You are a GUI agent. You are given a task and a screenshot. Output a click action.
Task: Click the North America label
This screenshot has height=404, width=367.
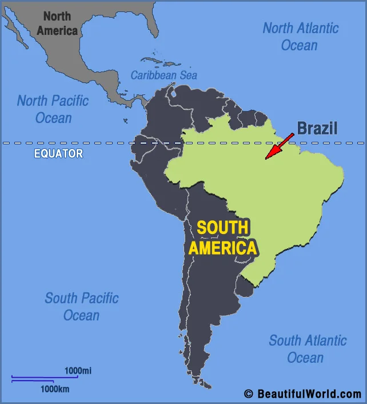point(57,23)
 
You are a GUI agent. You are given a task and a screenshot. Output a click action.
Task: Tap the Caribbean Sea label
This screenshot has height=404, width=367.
point(163,75)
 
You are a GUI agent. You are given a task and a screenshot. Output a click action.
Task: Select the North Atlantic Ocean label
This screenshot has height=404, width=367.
point(300,36)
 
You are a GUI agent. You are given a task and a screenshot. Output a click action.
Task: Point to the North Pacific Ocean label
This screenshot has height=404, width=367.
point(53,109)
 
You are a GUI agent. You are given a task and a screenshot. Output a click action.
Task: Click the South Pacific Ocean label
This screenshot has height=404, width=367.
point(82,306)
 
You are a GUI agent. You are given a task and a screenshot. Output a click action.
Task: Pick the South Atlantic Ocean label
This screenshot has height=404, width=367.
point(308,348)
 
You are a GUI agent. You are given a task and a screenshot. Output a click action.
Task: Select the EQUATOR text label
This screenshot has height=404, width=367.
point(58,153)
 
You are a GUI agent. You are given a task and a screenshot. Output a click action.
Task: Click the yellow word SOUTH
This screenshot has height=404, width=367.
point(222,227)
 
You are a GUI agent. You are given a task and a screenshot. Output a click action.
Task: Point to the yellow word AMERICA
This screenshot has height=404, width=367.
point(222,248)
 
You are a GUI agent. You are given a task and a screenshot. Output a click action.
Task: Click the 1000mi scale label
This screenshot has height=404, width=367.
point(77,371)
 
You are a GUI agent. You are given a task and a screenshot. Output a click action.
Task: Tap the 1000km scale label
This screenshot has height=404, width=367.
point(55,389)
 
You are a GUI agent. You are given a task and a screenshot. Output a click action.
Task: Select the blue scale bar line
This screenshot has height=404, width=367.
point(44,378)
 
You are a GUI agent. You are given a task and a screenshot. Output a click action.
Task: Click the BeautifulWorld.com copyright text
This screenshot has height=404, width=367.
point(309,394)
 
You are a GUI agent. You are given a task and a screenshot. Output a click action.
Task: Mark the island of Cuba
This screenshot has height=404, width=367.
point(150,60)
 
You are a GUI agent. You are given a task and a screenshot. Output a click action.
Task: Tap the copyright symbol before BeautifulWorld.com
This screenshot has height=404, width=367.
point(248,394)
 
